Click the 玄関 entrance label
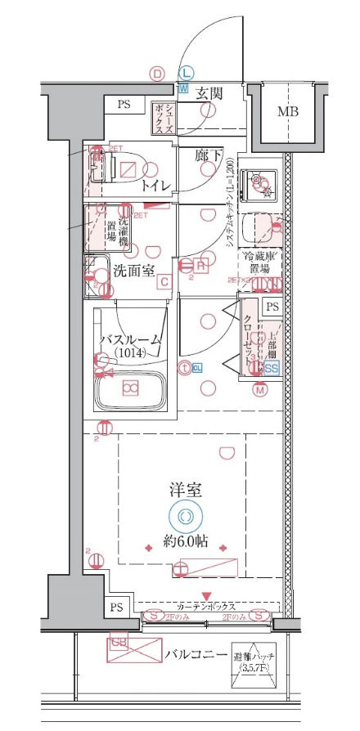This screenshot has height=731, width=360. point(209,92)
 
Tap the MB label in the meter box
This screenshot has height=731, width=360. point(286,111)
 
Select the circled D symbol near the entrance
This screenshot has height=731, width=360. point(157,73)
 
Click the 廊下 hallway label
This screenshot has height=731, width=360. point(209,155)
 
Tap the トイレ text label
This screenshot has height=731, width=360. point(155,186)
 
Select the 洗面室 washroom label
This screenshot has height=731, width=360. point(133,271)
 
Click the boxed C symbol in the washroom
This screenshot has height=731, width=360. point(164,282)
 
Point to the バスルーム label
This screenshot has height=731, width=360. point(130,339)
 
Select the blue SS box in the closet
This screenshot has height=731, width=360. point(272,367)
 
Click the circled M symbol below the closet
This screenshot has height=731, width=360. point(260,390)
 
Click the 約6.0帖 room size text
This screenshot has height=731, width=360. point(182,540)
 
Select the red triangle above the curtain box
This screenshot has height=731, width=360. point(207,595)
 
